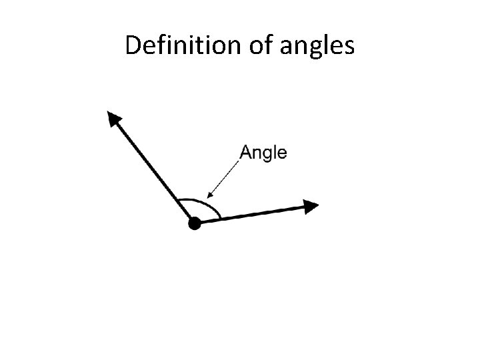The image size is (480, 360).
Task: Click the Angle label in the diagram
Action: (x=263, y=153)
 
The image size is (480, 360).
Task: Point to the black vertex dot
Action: (x=194, y=224)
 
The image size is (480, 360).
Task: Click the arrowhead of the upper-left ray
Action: (x=114, y=119)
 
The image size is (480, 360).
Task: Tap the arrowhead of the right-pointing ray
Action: (x=309, y=206)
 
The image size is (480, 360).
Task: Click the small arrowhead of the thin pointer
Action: (x=210, y=195)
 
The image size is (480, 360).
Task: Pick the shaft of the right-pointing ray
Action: (x=253, y=215)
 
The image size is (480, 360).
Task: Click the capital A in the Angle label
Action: (x=245, y=153)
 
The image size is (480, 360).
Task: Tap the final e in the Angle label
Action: (x=283, y=154)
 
